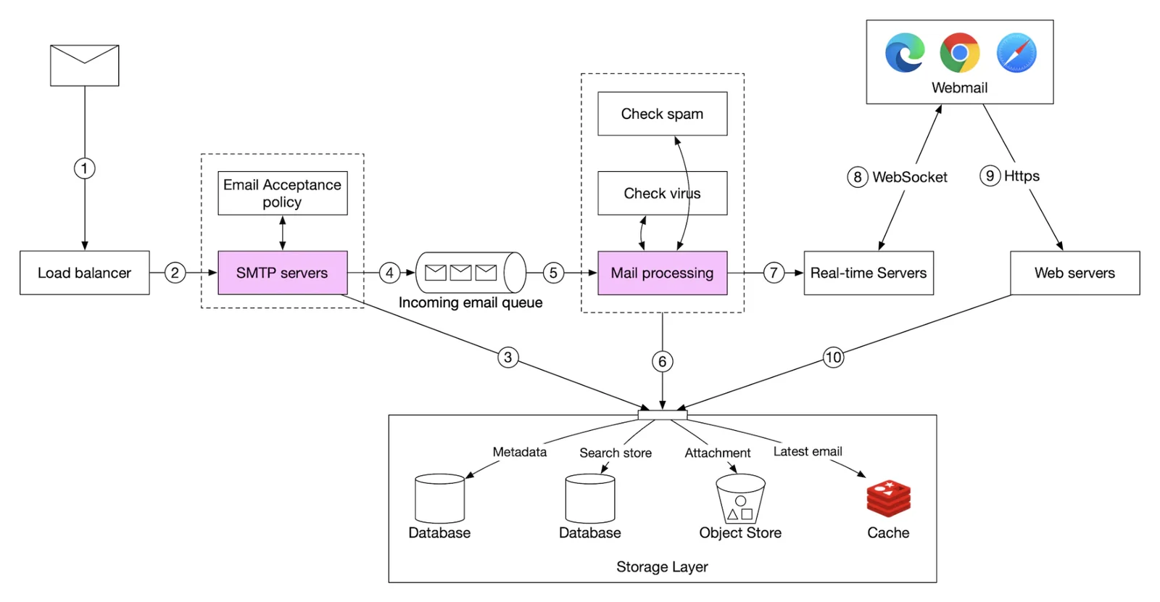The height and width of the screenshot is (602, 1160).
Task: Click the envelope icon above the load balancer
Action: point(84,65)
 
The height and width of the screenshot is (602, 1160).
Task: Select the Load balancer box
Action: point(85,273)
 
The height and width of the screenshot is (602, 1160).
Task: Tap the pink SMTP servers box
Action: point(283,273)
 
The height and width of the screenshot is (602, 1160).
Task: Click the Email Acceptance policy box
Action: point(283,193)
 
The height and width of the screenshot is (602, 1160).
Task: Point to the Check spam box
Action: point(663,114)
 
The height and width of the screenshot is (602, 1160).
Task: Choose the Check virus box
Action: point(663,193)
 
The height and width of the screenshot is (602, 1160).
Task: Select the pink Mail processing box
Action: point(663,273)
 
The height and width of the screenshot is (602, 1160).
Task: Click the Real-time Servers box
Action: point(869,273)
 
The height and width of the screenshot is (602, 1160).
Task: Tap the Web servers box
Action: point(1075,273)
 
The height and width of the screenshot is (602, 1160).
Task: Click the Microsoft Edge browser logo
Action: point(905,53)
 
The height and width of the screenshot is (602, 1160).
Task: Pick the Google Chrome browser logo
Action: point(960,53)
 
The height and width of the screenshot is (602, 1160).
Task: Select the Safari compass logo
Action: point(1016,53)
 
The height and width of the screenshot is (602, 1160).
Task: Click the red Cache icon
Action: point(889,498)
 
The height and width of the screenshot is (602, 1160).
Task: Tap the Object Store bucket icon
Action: point(740,499)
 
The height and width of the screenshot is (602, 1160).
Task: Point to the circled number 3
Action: point(508,358)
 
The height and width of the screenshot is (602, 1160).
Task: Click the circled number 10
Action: point(833,358)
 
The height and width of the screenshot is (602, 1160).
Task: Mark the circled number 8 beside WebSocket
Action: point(858,177)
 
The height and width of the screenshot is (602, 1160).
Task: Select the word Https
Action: point(1022,176)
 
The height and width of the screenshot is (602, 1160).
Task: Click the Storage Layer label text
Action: point(663,566)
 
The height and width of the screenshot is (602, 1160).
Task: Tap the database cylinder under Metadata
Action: point(439,499)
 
